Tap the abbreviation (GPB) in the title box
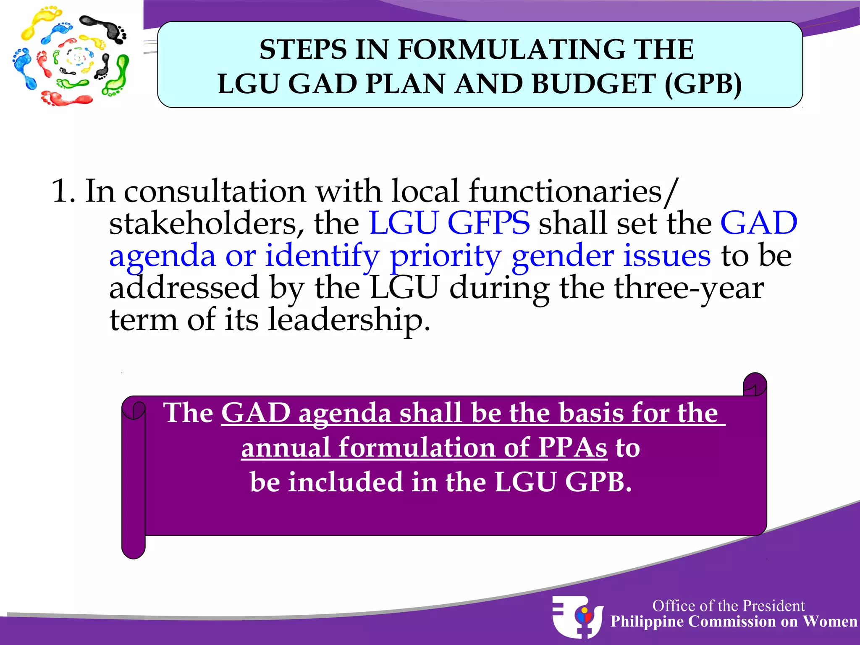coord(703,84)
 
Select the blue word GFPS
coord(488,223)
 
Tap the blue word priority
coord(445,256)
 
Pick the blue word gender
coord(562,256)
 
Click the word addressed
coord(184,288)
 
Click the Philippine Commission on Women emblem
coord(577,616)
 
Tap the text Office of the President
coord(728,606)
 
